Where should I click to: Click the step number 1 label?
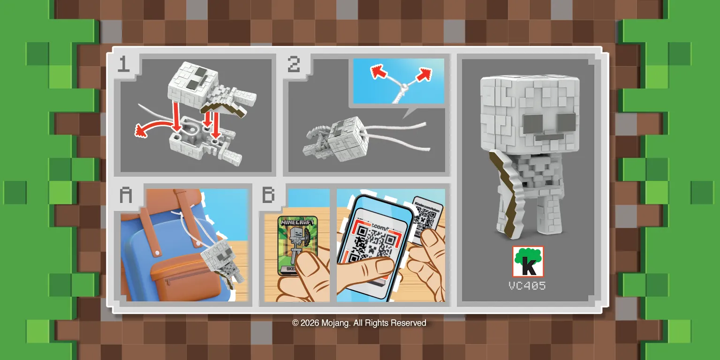click(x=123, y=64)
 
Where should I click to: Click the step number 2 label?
click(x=294, y=64)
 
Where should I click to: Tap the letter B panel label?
click(x=268, y=195)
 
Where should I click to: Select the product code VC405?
click(x=527, y=285)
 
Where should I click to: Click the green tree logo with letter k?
click(x=528, y=261)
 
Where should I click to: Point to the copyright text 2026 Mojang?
click(x=359, y=323)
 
